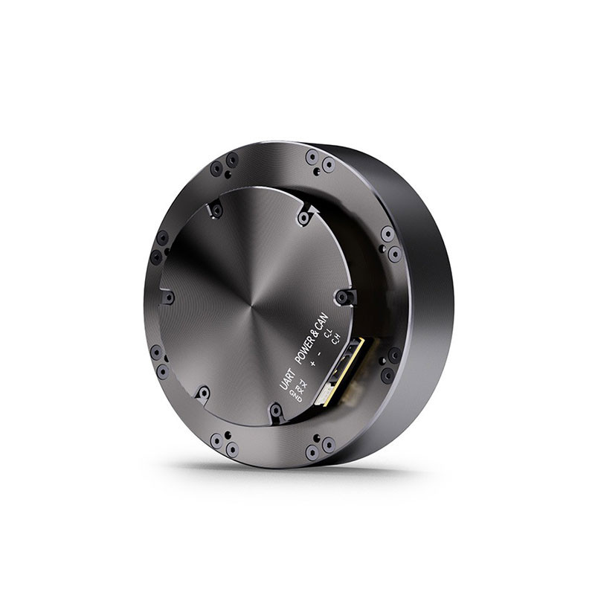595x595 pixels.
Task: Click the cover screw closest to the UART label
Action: click(x=276, y=410)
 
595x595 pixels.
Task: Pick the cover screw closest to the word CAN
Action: click(x=342, y=297)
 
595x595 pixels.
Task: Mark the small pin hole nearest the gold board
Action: click(x=382, y=362)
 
